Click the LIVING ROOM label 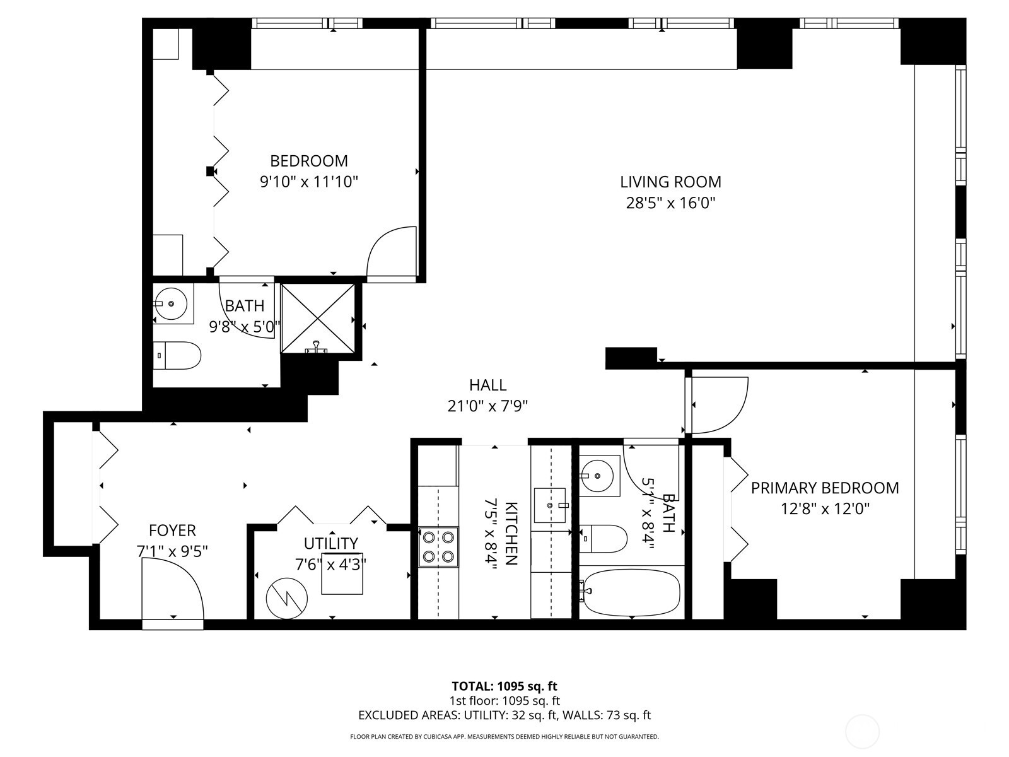coord(670,182)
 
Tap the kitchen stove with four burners coord(438,547)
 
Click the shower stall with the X coord(318,319)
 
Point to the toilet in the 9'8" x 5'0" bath coord(178,355)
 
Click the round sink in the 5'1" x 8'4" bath coord(595,475)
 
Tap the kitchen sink coord(549,505)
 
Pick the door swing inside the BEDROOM coord(392,252)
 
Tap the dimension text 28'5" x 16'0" coord(670,203)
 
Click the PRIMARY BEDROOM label coord(824,488)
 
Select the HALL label coord(487,385)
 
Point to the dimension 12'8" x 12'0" coord(825,508)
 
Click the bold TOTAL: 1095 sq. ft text coord(504,686)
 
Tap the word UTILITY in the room coord(330,543)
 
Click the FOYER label coord(172,530)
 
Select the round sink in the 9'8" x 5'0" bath coord(171,304)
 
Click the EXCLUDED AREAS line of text coord(504,715)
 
